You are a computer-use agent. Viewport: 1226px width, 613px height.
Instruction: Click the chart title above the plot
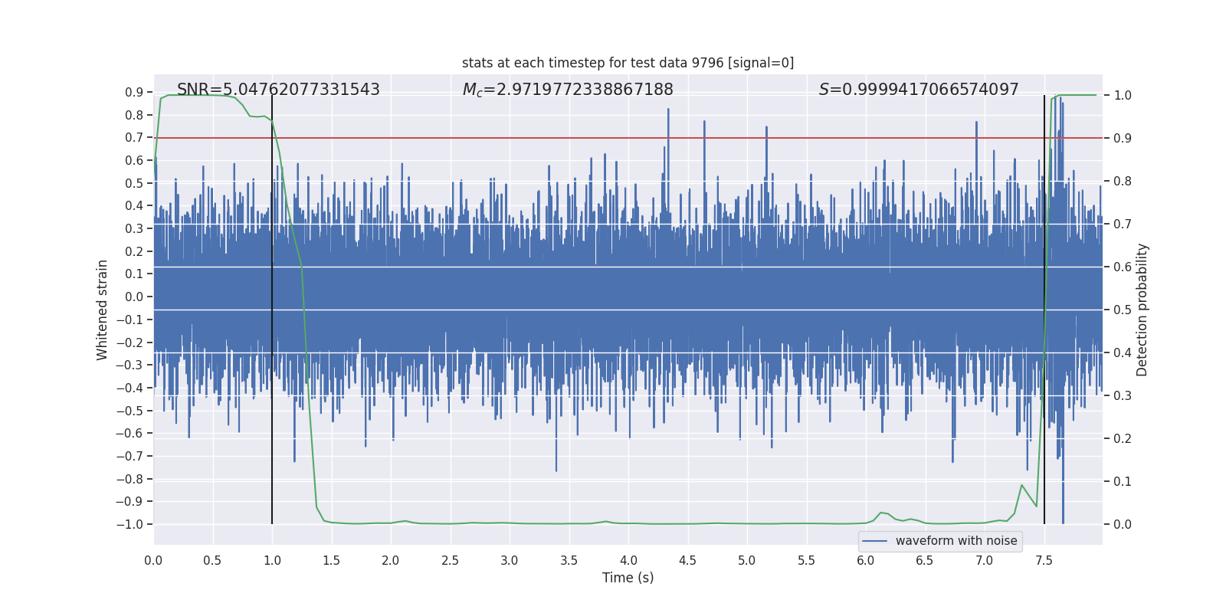pyautogui.click(x=628, y=63)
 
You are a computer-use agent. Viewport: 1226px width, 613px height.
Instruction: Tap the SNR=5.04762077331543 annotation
pyautogui.click(x=278, y=90)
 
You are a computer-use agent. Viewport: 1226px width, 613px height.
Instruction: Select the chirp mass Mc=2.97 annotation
pyautogui.click(x=568, y=90)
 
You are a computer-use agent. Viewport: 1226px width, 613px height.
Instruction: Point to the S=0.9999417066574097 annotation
pyautogui.click(x=919, y=90)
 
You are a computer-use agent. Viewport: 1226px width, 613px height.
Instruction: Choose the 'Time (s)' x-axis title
pyautogui.click(x=628, y=578)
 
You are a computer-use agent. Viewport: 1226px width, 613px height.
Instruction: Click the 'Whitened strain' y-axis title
pyautogui.click(x=103, y=310)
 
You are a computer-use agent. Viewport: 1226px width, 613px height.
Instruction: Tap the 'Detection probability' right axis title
pyautogui.click(x=1142, y=310)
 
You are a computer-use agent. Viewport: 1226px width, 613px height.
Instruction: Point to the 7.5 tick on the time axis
pyautogui.click(x=1044, y=560)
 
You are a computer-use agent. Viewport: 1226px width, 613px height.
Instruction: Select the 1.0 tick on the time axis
pyautogui.click(x=272, y=560)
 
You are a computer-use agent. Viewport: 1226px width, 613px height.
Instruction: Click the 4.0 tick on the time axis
pyautogui.click(x=628, y=560)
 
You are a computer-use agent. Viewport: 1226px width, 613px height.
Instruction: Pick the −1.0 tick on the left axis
pyautogui.click(x=129, y=524)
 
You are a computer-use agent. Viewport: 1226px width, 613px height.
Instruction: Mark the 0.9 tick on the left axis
pyautogui.click(x=133, y=92)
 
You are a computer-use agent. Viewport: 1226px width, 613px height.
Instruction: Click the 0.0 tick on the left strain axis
pyautogui.click(x=133, y=297)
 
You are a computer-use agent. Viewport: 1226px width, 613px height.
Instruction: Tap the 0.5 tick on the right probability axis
pyautogui.click(x=1123, y=310)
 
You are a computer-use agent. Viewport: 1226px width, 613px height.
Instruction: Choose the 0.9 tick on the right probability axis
pyautogui.click(x=1123, y=138)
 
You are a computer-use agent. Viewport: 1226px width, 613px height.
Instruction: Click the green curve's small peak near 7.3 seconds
pyautogui.click(x=1021, y=485)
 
